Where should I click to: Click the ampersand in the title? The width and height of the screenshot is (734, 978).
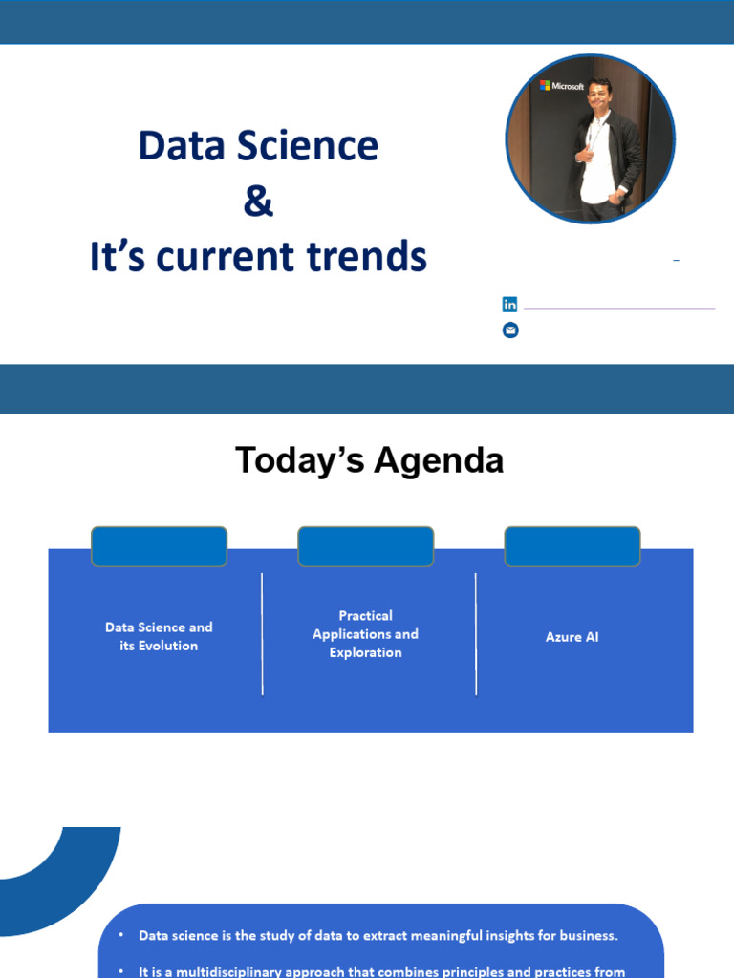258,202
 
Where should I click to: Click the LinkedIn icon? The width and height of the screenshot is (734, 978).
510,305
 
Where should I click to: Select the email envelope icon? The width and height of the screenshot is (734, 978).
510,330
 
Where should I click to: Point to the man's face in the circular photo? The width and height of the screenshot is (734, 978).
599,94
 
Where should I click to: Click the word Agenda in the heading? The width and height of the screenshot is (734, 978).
439,461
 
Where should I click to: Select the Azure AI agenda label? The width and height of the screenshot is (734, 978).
572,637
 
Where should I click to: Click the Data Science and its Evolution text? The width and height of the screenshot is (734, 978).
159,636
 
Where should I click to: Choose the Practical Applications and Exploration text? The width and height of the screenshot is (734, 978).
365,634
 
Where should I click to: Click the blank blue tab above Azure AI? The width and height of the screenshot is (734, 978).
572,547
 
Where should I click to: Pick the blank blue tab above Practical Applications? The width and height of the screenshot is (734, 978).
365,547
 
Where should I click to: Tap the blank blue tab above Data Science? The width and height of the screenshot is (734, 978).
159,547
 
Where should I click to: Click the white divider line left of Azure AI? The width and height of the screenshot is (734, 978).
476,634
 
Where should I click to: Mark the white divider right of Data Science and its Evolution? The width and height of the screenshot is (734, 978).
262,634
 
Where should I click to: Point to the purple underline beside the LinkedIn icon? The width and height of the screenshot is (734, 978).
619,309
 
